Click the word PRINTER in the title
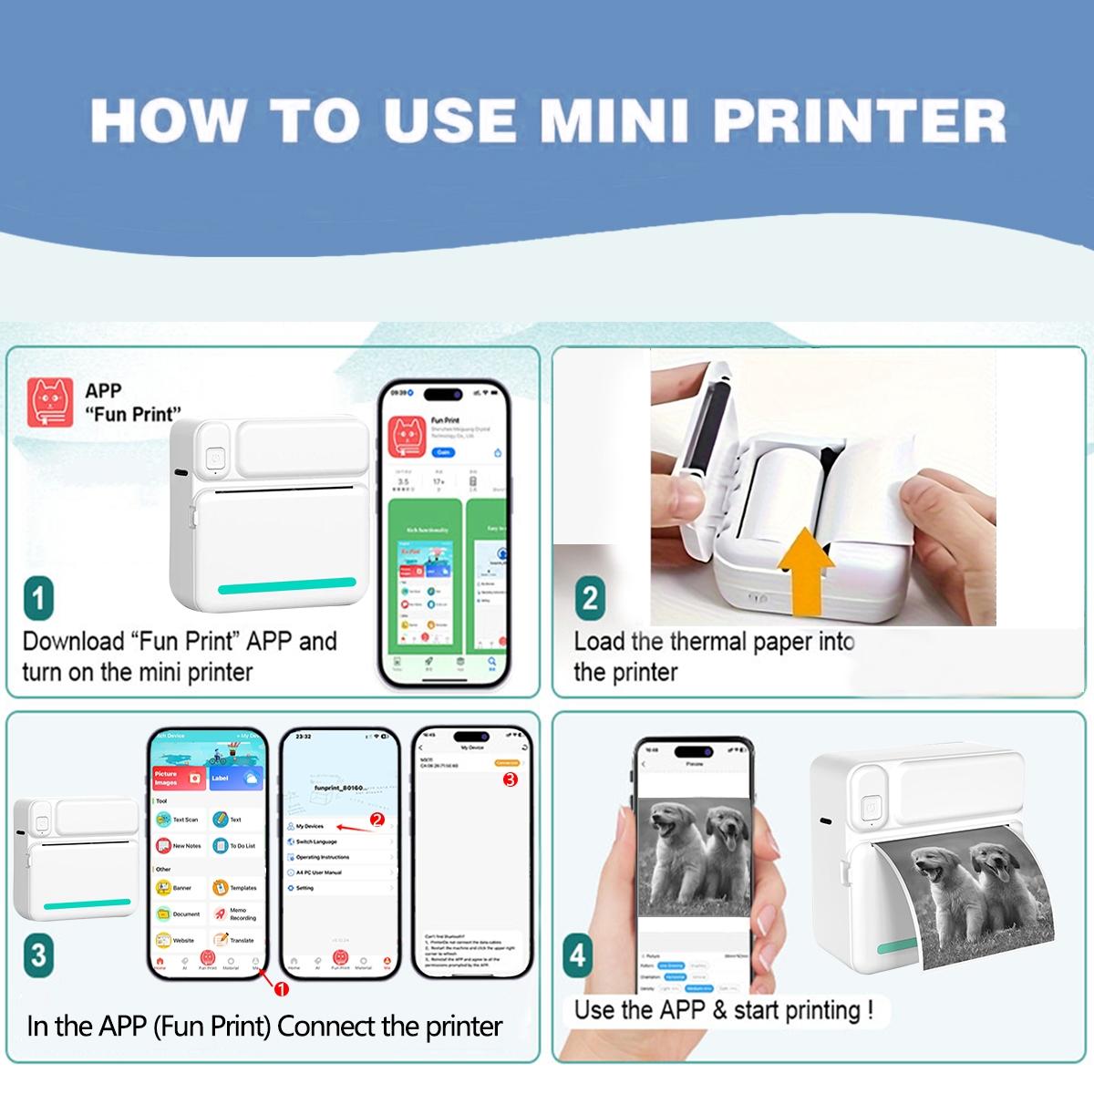[x=859, y=120]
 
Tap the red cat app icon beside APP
[x=50, y=403]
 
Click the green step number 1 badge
[x=38, y=598]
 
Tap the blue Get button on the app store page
[x=443, y=452]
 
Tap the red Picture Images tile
[x=180, y=778]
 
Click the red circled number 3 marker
[x=510, y=779]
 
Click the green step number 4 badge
[x=577, y=955]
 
